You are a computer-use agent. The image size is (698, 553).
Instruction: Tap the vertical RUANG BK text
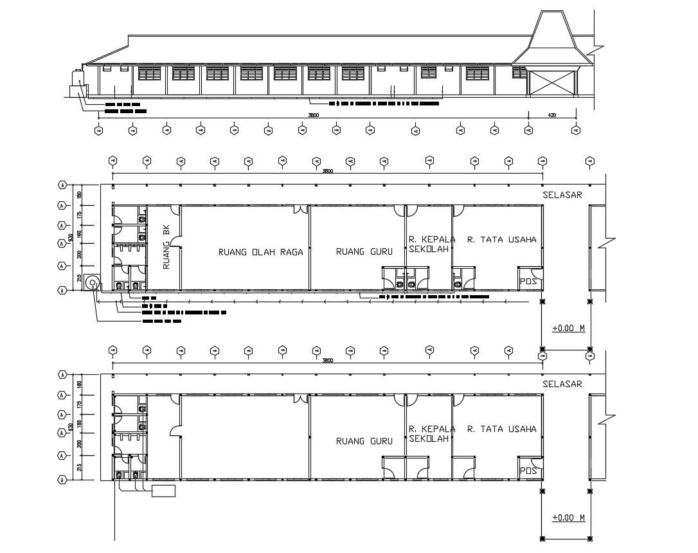[x=166, y=247]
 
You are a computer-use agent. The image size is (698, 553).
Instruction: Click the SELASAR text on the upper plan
[x=562, y=195]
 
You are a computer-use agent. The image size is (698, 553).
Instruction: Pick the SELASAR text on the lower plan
[x=562, y=384]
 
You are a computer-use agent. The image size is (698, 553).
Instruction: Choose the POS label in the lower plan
[x=528, y=471]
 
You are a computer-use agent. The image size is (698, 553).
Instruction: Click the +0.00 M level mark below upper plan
[x=568, y=329]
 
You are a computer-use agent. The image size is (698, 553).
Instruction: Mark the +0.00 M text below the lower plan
[x=568, y=518]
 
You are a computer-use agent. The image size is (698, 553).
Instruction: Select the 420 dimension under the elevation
[x=551, y=115]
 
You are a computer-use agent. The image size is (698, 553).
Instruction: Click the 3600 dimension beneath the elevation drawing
[x=312, y=115]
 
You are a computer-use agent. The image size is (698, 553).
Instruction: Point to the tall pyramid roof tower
[x=551, y=39]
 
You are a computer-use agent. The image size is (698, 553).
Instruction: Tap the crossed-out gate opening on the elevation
[x=551, y=83]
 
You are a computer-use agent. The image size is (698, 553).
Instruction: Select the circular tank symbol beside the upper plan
[x=91, y=283]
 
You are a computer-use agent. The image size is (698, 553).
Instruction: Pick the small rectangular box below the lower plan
[x=163, y=491]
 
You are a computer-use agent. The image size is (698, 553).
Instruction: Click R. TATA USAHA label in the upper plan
[x=501, y=240]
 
